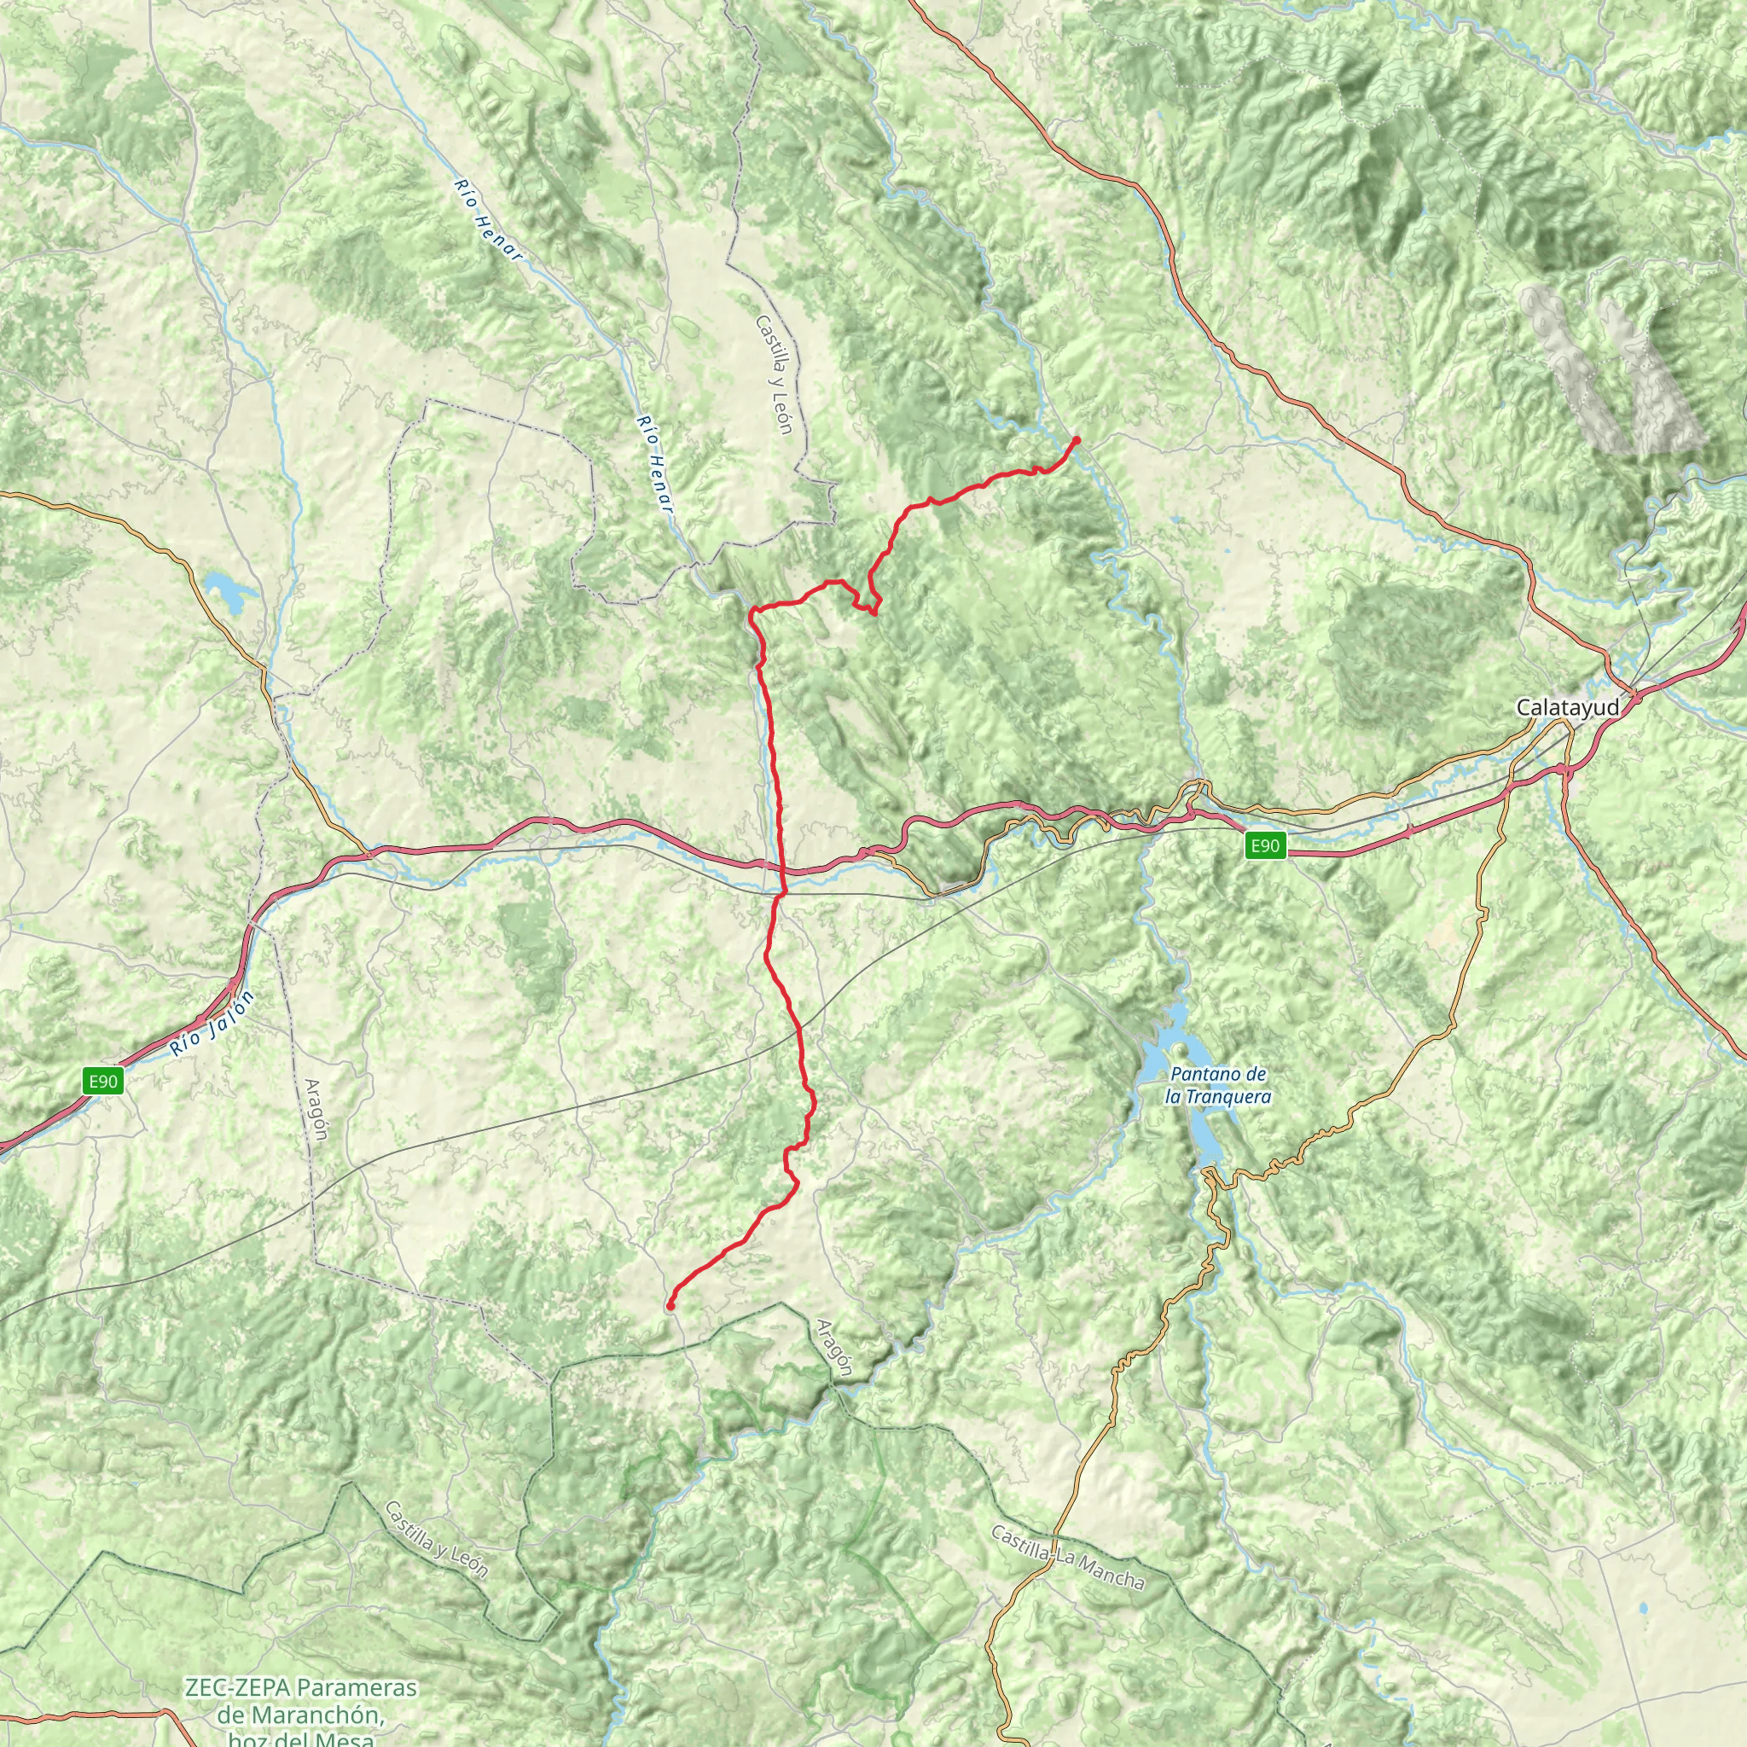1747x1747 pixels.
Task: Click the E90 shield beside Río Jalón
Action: coord(103,1081)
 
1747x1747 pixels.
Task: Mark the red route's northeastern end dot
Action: coord(1076,440)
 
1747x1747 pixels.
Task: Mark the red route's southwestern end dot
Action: coord(670,1306)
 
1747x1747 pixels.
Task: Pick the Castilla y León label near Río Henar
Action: coord(775,374)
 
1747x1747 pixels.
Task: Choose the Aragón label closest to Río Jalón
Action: coord(316,1111)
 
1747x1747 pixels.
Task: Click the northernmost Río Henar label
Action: coord(488,221)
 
